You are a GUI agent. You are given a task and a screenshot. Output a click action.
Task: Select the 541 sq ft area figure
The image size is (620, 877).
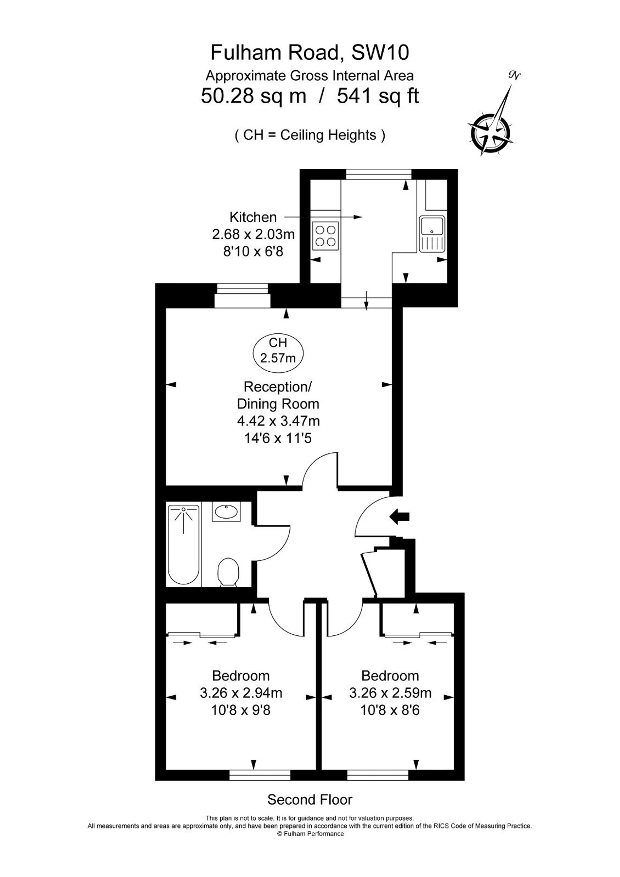pos(378,96)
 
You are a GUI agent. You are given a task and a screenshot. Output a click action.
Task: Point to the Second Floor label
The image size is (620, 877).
pos(310,799)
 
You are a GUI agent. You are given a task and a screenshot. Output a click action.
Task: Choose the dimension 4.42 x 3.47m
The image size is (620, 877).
pos(278,421)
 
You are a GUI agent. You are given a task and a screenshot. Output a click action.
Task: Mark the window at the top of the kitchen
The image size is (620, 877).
pos(379,174)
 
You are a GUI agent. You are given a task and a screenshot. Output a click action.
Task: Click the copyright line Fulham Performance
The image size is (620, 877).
pos(310,834)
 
